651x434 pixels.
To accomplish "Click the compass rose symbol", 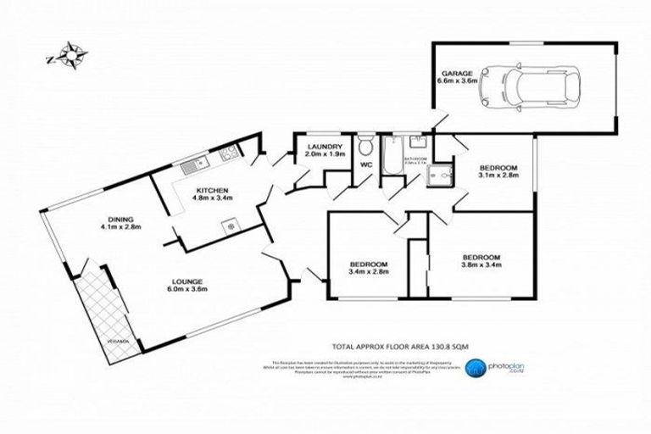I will pyautogui.click(x=73, y=58).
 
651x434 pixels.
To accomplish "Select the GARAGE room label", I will pyautogui.click(x=454, y=73).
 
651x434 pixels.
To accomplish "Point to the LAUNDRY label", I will pyautogui.click(x=324, y=147).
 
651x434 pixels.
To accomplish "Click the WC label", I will pyautogui.click(x=366, y=164).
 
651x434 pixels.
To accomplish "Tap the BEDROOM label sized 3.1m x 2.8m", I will pyautogui.click(x=497, y=168).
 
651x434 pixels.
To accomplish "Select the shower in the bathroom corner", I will pyautogui.click(x=439, y=175).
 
